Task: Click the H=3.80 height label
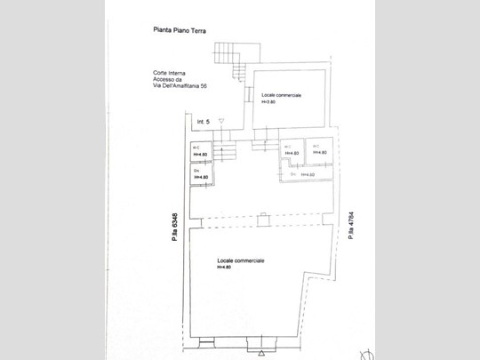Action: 268,102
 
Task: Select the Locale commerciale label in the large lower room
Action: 241,260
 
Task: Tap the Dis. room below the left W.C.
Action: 200,175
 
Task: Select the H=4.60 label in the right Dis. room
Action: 308,175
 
